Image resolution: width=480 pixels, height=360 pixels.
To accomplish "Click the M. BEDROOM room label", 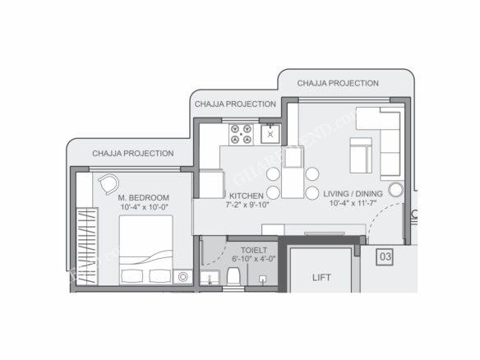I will click(143, 198).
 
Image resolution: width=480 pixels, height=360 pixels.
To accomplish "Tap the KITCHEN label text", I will click(246, 195).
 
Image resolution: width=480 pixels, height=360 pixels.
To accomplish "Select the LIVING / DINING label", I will click(353, 194).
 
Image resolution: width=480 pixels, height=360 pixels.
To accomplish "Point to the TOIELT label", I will click(253, 249).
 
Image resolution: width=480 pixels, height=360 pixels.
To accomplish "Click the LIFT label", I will click(321, 277).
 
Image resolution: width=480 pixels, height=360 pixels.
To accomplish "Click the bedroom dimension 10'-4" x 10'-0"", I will click(143, 207).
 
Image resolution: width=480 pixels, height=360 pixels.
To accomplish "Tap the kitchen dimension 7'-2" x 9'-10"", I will click(247, 204).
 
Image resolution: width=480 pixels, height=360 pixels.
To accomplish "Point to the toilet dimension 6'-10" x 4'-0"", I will click(253, 258).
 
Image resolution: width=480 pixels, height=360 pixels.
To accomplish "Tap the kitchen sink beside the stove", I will click(270, 132).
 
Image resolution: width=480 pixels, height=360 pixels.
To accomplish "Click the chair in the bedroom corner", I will click(108, 185).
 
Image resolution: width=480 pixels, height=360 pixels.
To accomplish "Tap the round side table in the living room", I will click(395, 190).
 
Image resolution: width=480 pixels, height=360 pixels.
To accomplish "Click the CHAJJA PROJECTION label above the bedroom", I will click(132, 154).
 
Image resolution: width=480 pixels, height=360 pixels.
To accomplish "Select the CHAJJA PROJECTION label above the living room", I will click(338, 84).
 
